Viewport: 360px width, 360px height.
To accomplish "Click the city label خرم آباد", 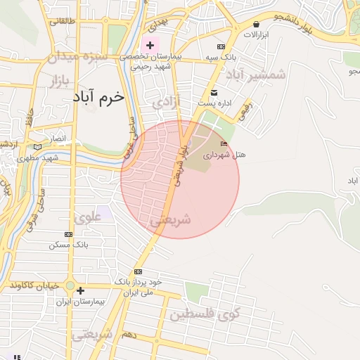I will tap(98, 97).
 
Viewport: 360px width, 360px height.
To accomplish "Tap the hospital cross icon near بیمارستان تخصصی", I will tap(149, 45).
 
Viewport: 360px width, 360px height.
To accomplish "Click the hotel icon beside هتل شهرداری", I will tap(224, 144).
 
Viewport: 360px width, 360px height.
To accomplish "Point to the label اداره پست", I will tap(214, 103).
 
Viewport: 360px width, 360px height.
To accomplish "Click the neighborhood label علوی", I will tap(89, 218).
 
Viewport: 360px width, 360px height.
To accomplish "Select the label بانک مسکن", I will tap(69, 245).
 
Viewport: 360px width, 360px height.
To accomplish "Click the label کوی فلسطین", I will tap(205, 314).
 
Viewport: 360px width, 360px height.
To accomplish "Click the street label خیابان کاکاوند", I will tap(32, 285).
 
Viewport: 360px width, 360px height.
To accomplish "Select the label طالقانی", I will tap(60, 22).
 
